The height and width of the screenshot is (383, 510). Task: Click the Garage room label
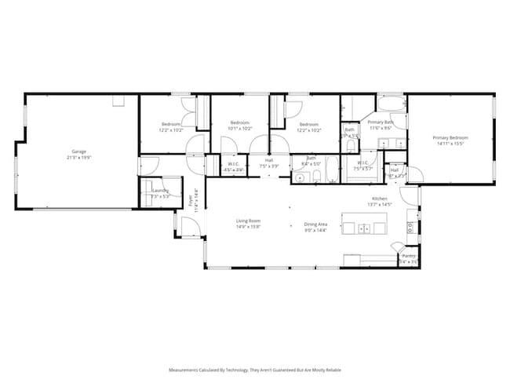click(78, 151)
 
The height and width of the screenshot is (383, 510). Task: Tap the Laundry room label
click(160, 190)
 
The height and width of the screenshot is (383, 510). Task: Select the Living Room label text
click(248, 221)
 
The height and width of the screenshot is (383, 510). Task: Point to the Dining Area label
click(315, 224)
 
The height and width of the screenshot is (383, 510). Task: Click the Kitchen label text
click(380, 199)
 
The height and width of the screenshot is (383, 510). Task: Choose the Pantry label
click(409, 256)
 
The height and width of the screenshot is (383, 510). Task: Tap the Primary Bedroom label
click(449, 138)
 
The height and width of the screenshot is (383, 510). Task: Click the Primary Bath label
click(381, 122)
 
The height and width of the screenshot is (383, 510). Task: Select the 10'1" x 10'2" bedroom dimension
click(239, 128)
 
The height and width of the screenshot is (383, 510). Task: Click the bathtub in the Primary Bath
click(389, 104)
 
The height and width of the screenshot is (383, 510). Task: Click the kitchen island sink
click(365, 228)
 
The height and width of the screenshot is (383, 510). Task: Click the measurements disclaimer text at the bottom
click(254, 369)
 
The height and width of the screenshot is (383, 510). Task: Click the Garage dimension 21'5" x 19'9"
click(78, 157)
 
